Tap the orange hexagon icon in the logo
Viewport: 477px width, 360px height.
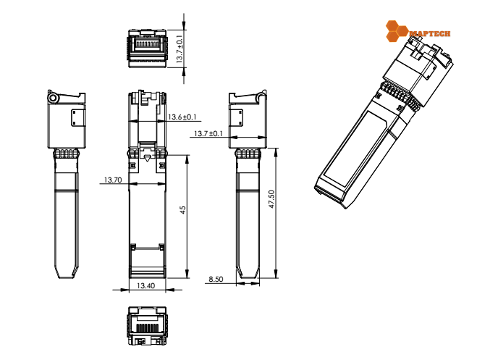tap(397, 30)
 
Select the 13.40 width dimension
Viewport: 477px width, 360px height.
tap(146, 285)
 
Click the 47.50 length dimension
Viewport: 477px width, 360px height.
tap(271, 201)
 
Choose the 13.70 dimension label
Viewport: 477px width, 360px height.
tap(112, 180)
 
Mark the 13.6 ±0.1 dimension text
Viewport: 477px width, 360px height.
tap(183, 117)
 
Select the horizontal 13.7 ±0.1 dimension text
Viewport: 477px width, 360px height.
tap(208, 134)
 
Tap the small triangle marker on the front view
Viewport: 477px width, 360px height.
tap(147, 157)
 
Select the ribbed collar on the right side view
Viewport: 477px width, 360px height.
tap(247, 154)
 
